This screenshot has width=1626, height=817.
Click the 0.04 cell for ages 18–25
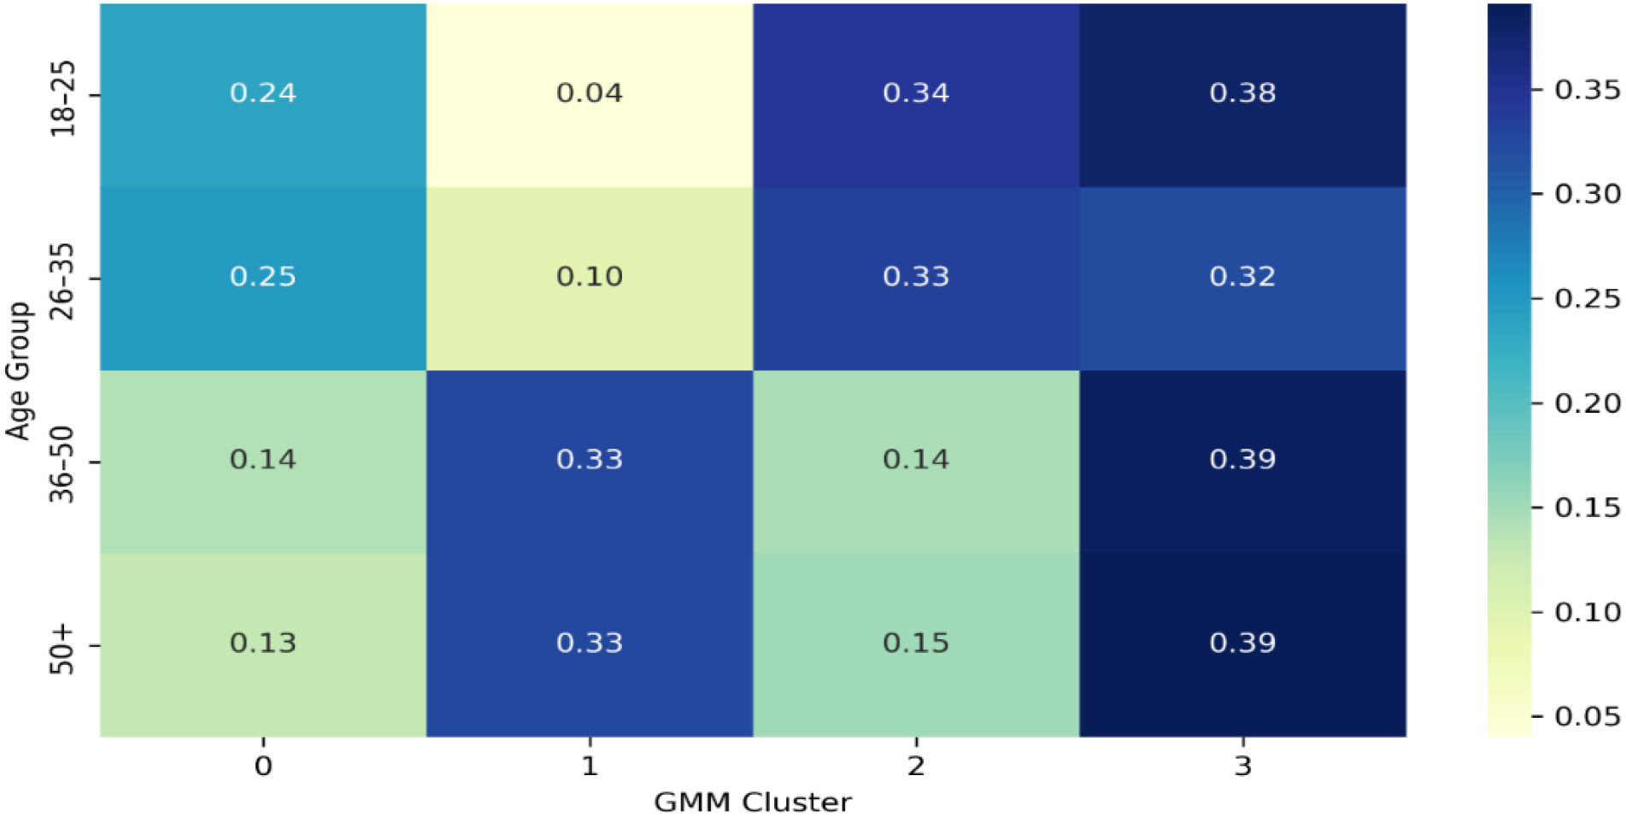[590, 93]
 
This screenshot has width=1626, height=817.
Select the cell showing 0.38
[1242, 93]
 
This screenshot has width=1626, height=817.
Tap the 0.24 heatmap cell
[263, 93]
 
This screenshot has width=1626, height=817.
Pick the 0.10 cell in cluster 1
[590, 277]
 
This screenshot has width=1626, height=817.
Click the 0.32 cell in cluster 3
[1242, 277]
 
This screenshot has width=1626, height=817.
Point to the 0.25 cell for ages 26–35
[263, 277]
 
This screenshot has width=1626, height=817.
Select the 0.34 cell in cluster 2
[916, 93]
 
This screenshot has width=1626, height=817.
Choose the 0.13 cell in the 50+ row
[263, 644]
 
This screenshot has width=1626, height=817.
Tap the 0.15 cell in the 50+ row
[916, 644]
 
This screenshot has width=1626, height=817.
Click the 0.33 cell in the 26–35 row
[916, 277]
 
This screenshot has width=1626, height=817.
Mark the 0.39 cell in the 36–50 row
[1242, 460]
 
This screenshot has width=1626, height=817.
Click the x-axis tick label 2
[916, 766]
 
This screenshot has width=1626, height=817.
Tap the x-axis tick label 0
[263, 766]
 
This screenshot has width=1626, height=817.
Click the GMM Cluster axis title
[752, 802]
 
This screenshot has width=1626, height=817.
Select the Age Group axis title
[19, 371]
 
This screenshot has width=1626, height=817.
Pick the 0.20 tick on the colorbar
[1588, 403]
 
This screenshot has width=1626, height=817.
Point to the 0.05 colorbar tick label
[1588, 716]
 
